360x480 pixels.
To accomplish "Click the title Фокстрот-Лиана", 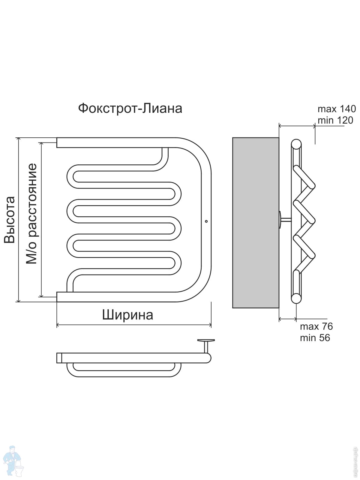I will [130, 108].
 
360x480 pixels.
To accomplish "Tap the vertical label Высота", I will [10, 220].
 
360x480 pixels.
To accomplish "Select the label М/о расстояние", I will [31, 214].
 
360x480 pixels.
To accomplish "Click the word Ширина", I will [127, 315].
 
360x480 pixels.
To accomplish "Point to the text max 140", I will [337, 109].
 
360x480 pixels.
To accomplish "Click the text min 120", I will [335, 120].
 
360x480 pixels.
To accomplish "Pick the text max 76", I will [316, 326].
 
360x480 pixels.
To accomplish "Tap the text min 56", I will [315, 338].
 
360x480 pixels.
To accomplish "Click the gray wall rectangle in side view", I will [256, 223].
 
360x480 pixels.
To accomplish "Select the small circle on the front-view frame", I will [206, 221].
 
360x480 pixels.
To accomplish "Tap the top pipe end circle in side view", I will [296, 144].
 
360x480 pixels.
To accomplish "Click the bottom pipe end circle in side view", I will [296, 298].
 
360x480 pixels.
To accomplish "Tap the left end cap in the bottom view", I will [59, 358].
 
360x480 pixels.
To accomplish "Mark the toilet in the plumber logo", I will [20, 469].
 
